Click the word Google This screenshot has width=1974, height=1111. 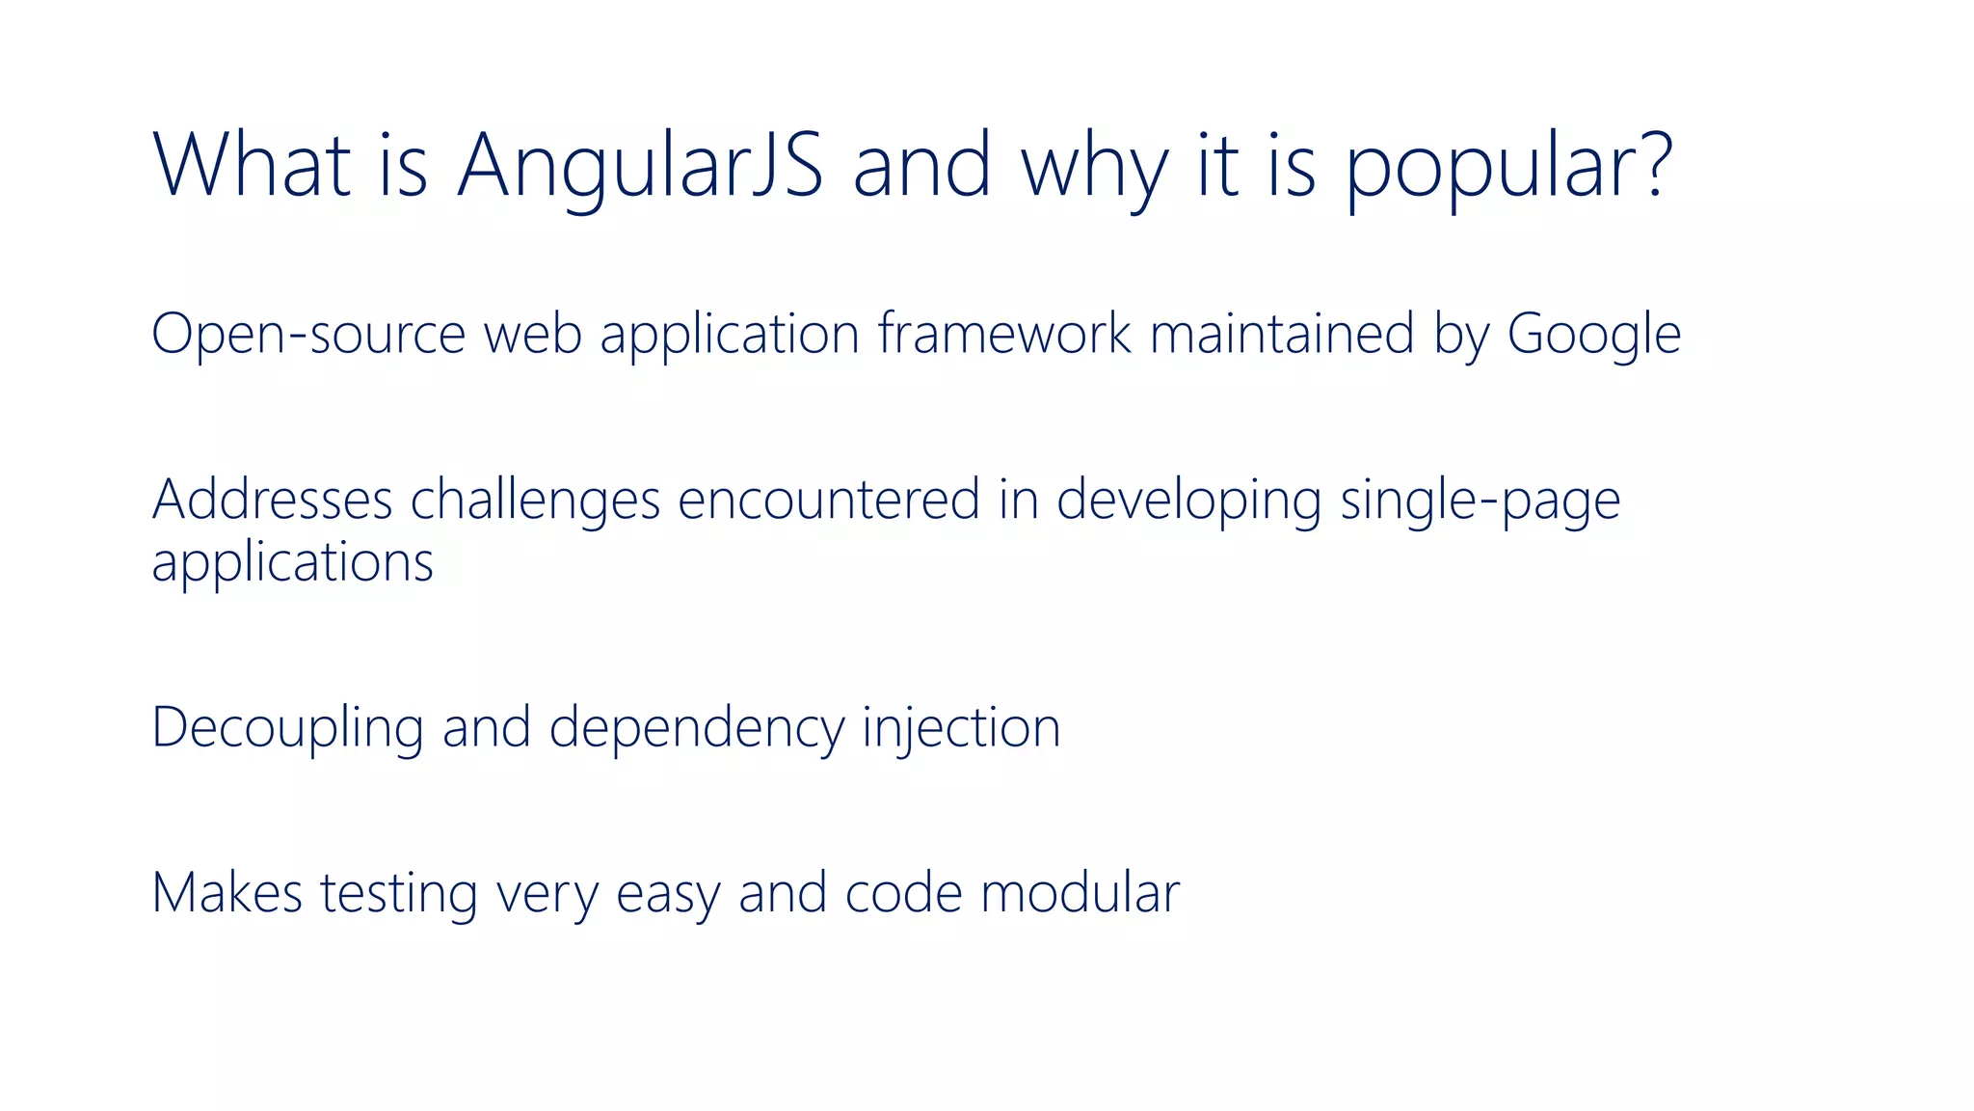[1594, 336]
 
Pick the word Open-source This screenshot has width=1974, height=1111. [308, 336]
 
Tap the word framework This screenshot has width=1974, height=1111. [1004, 334]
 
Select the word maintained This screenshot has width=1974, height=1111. [1283, 334]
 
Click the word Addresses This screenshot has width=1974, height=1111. [272, 500]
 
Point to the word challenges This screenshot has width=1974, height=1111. [535, 501]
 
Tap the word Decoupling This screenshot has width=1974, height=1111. [287, 729]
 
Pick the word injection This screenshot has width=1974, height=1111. [961, 729]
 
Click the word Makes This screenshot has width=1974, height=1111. [227, 893]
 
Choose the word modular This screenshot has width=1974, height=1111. [1080, 893]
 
